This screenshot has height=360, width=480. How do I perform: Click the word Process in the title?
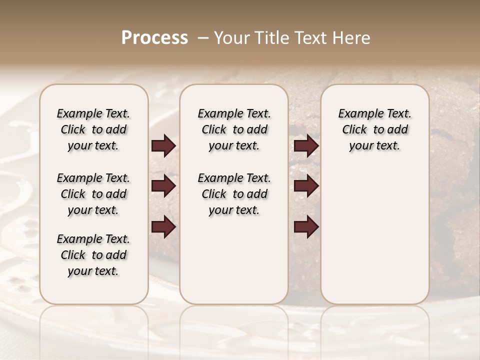pos(154,37)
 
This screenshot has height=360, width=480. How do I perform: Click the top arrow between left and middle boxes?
pos(163,146)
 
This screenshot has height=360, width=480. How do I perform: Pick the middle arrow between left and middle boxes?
pos(163,186)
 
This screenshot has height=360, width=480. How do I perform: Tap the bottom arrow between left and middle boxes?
pos(163,227)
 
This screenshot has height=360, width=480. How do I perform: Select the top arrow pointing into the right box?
pos(306,146)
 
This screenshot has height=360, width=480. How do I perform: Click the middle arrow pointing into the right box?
pos(306,186)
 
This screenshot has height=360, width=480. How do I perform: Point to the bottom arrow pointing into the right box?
pos(306,227)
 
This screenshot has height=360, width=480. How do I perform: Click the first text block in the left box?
pos(93,129)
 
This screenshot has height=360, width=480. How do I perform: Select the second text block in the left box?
pos(93,194)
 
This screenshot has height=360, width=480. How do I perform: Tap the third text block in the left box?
pos(93,255)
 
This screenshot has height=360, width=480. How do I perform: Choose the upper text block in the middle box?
pos(234,129)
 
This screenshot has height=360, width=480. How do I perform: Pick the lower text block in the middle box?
pos(234,194)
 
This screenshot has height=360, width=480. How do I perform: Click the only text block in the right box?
pos(374,129)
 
